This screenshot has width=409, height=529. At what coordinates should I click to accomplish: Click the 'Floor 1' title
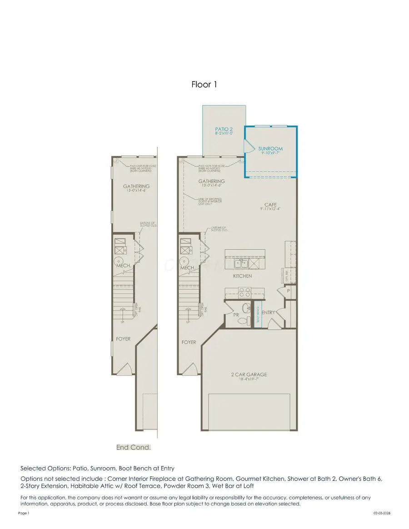pyautogui.click(x=204, y=84)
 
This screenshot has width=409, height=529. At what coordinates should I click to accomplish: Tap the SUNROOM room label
pyautogui.click(x=270, y=148)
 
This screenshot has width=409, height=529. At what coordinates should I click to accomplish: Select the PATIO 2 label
pyautogui.click(x=224, y=129)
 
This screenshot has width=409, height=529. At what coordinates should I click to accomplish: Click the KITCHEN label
pyautogui.click(x=242, y=276)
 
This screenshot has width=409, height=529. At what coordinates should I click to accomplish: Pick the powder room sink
pyautogui.click(x=246, y=308)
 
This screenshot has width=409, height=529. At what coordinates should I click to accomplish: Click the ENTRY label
pyautogui.click(x=269, y=312)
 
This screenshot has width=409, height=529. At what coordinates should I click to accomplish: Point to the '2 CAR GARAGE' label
pyautogui.click(x=249, y=375)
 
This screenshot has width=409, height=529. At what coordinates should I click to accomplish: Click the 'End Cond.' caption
pyautogui.click(x=134, y=447)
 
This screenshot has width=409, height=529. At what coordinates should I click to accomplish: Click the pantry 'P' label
pyautogui.click(x=289, y=291)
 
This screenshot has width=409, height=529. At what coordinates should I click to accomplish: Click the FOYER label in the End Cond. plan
pyautogui.click(x=123, y=339)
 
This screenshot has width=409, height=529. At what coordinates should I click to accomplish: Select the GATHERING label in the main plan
pyautogui.click(x=212, y=182)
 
